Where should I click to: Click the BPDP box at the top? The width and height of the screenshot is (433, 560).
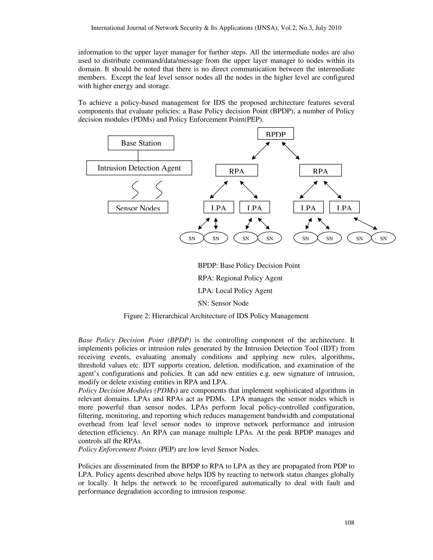click(x=275, y=134)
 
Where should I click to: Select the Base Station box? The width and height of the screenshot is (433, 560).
click(x=141, y=143)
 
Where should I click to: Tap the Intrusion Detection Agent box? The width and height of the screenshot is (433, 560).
click(x=139, y=168)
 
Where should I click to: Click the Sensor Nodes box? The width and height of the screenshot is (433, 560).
click(x=138, y=207)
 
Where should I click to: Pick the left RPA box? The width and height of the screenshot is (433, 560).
click(x=237, y=171)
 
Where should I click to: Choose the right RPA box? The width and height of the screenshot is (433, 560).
click(x=320, y=171)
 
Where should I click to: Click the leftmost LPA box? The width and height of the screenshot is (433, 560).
click(x=219, y=207)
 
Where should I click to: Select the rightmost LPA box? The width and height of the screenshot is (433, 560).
click(x=344, y=207)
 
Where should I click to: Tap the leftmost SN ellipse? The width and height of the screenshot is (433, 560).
click(x=192, y=238)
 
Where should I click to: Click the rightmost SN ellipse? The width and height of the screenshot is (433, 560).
click(x=383, y=238)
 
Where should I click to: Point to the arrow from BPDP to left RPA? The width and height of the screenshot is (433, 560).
click(x=261, y=151)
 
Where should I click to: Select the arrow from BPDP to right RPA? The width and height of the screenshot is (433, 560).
click(x=291, y=151)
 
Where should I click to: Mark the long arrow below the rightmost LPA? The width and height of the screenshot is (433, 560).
click(x=365, y=224)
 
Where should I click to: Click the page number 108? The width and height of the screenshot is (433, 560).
click(x=349, y=523)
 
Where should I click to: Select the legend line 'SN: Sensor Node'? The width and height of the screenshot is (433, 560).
click(x=223, y=303)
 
